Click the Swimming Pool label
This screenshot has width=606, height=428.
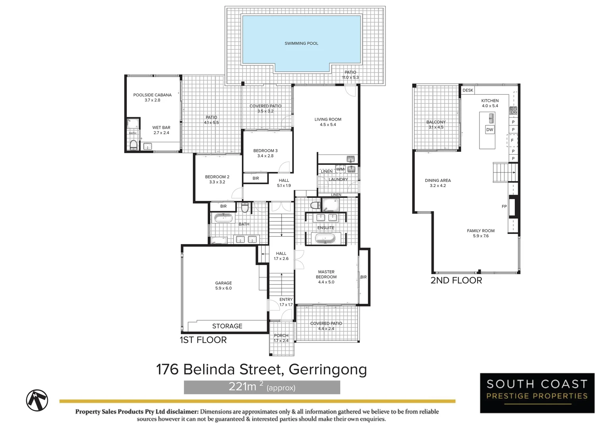tap(301, 44)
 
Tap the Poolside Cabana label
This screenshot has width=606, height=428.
tap(152, 97)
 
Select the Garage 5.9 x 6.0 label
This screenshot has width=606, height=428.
tap(223, 286)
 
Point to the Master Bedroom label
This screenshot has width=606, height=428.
tap(326, 277)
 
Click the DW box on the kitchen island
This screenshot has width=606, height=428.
tap(489, 130)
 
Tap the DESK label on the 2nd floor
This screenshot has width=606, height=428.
tap(468, 90)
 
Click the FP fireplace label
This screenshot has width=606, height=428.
tap(504, 206)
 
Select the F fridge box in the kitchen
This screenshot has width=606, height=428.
tap(512, 140)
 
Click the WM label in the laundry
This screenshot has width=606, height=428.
tap(340, 169)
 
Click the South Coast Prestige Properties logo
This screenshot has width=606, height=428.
tap(537, 393)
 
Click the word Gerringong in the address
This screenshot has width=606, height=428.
tap(328, 369)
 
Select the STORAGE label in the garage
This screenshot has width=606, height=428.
tap(227, 326)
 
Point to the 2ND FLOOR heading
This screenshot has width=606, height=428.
tap(456, 281)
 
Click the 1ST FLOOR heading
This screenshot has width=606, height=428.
tap(203, 340)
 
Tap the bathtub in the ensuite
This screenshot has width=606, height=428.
tap(325, 238)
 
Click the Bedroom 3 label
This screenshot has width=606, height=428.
tap(265, 153)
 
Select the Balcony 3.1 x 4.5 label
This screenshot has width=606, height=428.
tap(436, 124)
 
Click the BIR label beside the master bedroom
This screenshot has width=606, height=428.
tap(363, 277)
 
